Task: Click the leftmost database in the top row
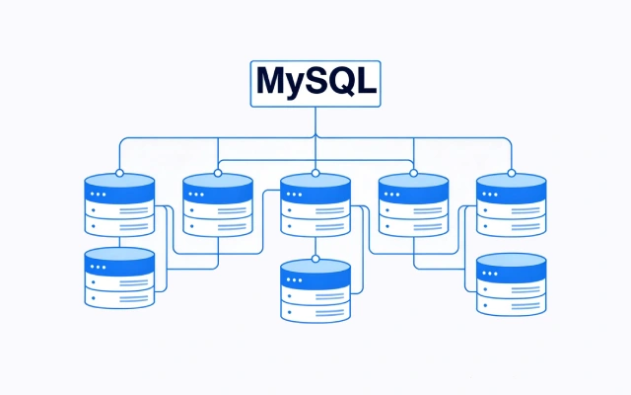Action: tap(119, 205)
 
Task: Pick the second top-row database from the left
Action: tap(218, 205)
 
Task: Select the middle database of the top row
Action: tap(315, 205)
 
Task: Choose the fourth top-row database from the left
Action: tap(413, 205)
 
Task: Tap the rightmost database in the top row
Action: tap(511, 205)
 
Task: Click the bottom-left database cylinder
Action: tap(119, 279)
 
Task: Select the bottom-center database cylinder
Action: tap(315, 291)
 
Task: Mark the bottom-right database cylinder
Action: tap(511, 285)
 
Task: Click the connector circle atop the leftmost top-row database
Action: tap(119, 173)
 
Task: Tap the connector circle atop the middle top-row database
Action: tap(315, 173)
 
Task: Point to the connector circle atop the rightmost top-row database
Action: tap(511, 173)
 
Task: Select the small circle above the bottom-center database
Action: tap(315, 259)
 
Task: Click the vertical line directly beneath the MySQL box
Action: tap(315, 120)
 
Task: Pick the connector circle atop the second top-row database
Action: tap(218, 173)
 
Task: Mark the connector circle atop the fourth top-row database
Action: tap(413, 173)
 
